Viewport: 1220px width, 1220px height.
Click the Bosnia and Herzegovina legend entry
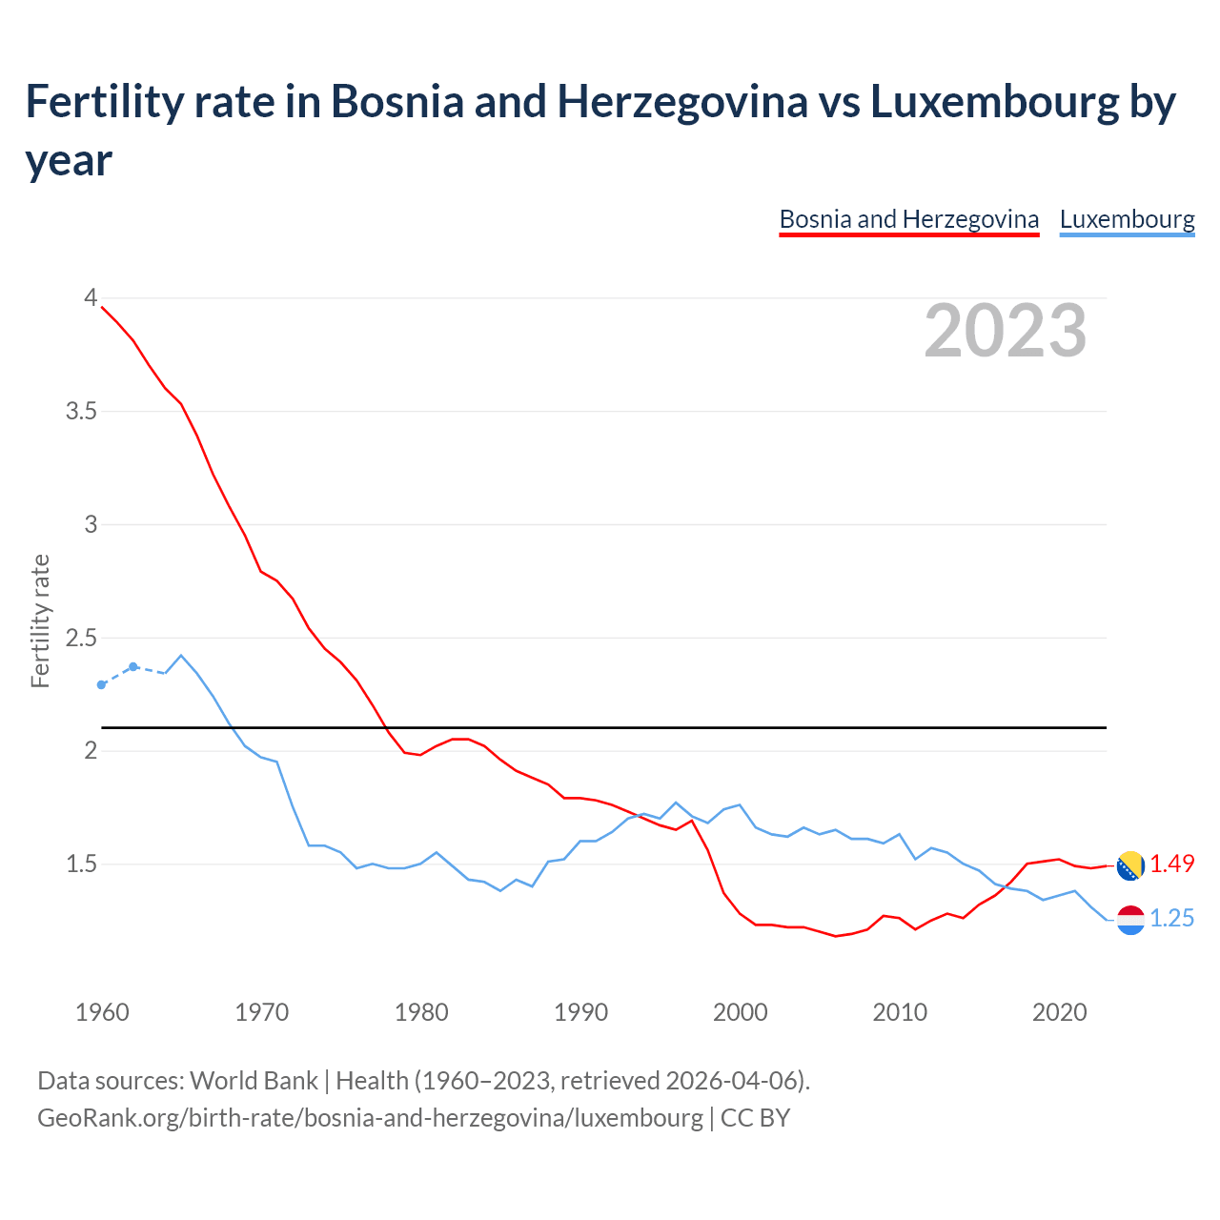tap(908, 219)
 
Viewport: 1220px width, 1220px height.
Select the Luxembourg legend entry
tap(1127, 219)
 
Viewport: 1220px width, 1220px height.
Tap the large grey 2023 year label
tap(1006, 331)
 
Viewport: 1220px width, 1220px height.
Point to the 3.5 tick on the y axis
tap(81, 412)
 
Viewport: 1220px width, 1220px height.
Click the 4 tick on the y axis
tap(91, 298)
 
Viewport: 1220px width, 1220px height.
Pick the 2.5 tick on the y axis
tap(81, 638)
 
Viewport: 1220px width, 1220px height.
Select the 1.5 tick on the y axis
tap(81, 864)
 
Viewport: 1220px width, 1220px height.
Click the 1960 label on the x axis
tap(102, 1012)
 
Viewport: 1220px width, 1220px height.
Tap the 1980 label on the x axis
tap(421, 1012)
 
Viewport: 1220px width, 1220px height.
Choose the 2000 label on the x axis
tap(741, 1012)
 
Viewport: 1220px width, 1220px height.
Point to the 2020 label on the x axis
tap(1059, 1012)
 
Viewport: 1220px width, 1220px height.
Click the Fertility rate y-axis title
tap(40, 620)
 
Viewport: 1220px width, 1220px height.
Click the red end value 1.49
tap(1171, 864)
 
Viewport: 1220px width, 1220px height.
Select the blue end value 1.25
tap(1171, 918)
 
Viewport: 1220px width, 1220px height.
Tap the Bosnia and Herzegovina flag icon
tap(1130, 865)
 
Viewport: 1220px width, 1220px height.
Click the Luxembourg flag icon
tap(1130, 920)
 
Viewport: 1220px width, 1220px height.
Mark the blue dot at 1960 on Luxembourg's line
tap(102, 684)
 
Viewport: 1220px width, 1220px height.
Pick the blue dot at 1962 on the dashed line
tap(133, 666)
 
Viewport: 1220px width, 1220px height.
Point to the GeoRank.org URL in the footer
tap(370, 1117)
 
